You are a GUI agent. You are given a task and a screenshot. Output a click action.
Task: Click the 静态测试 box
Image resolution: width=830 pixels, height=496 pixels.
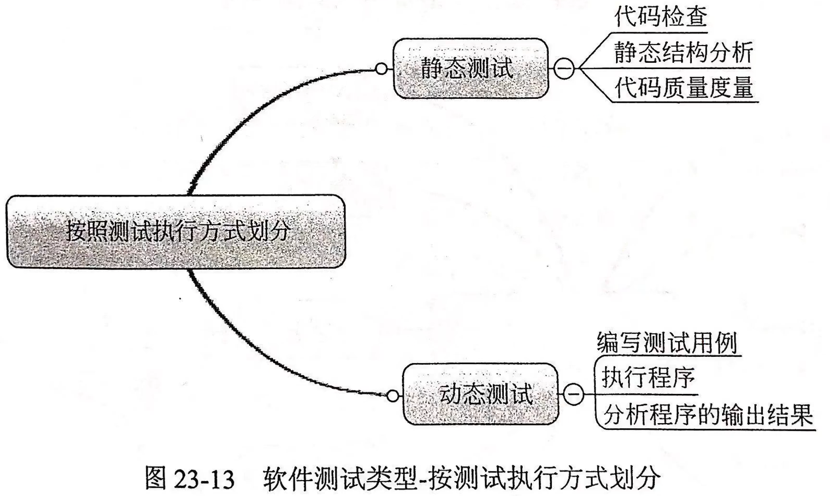470,69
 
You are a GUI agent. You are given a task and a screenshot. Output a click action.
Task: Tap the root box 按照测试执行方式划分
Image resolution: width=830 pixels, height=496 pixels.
176,231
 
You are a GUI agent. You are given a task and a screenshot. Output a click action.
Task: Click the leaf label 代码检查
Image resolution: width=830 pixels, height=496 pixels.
661,17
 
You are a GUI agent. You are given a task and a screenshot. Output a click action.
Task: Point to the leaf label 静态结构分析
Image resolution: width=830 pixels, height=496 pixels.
683,52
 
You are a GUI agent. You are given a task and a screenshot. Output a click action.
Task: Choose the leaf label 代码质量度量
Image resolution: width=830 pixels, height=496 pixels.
684,88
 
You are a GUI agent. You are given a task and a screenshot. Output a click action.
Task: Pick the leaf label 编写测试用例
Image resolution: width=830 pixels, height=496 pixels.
667,342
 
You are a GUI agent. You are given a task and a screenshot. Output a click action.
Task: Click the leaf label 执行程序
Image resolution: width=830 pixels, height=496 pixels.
648,378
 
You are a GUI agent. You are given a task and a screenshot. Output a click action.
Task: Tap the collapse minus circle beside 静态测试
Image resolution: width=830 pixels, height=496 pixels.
564,69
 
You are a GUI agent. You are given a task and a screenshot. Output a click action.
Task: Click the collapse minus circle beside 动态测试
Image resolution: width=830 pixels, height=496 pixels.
573,394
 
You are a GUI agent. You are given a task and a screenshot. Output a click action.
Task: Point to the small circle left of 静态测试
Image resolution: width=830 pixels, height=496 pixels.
381,69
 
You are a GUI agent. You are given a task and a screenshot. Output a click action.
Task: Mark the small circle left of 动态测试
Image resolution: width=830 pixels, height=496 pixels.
392,396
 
